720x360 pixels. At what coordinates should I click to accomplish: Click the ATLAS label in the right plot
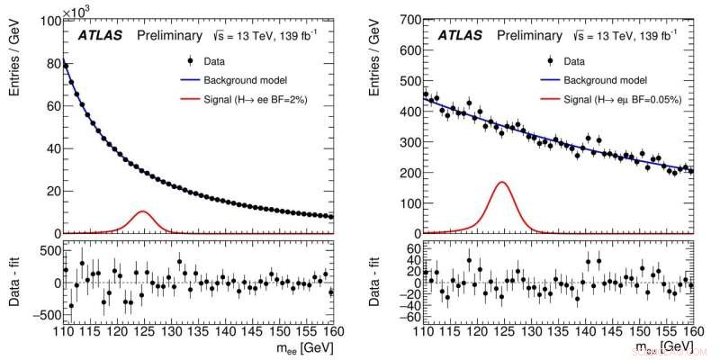[x=460, y=35]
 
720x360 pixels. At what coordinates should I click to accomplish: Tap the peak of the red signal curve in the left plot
[x=142, y=211]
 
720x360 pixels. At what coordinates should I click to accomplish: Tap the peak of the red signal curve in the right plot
[x=502, y=183]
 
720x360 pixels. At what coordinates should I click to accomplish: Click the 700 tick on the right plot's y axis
[x=411, y=18]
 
